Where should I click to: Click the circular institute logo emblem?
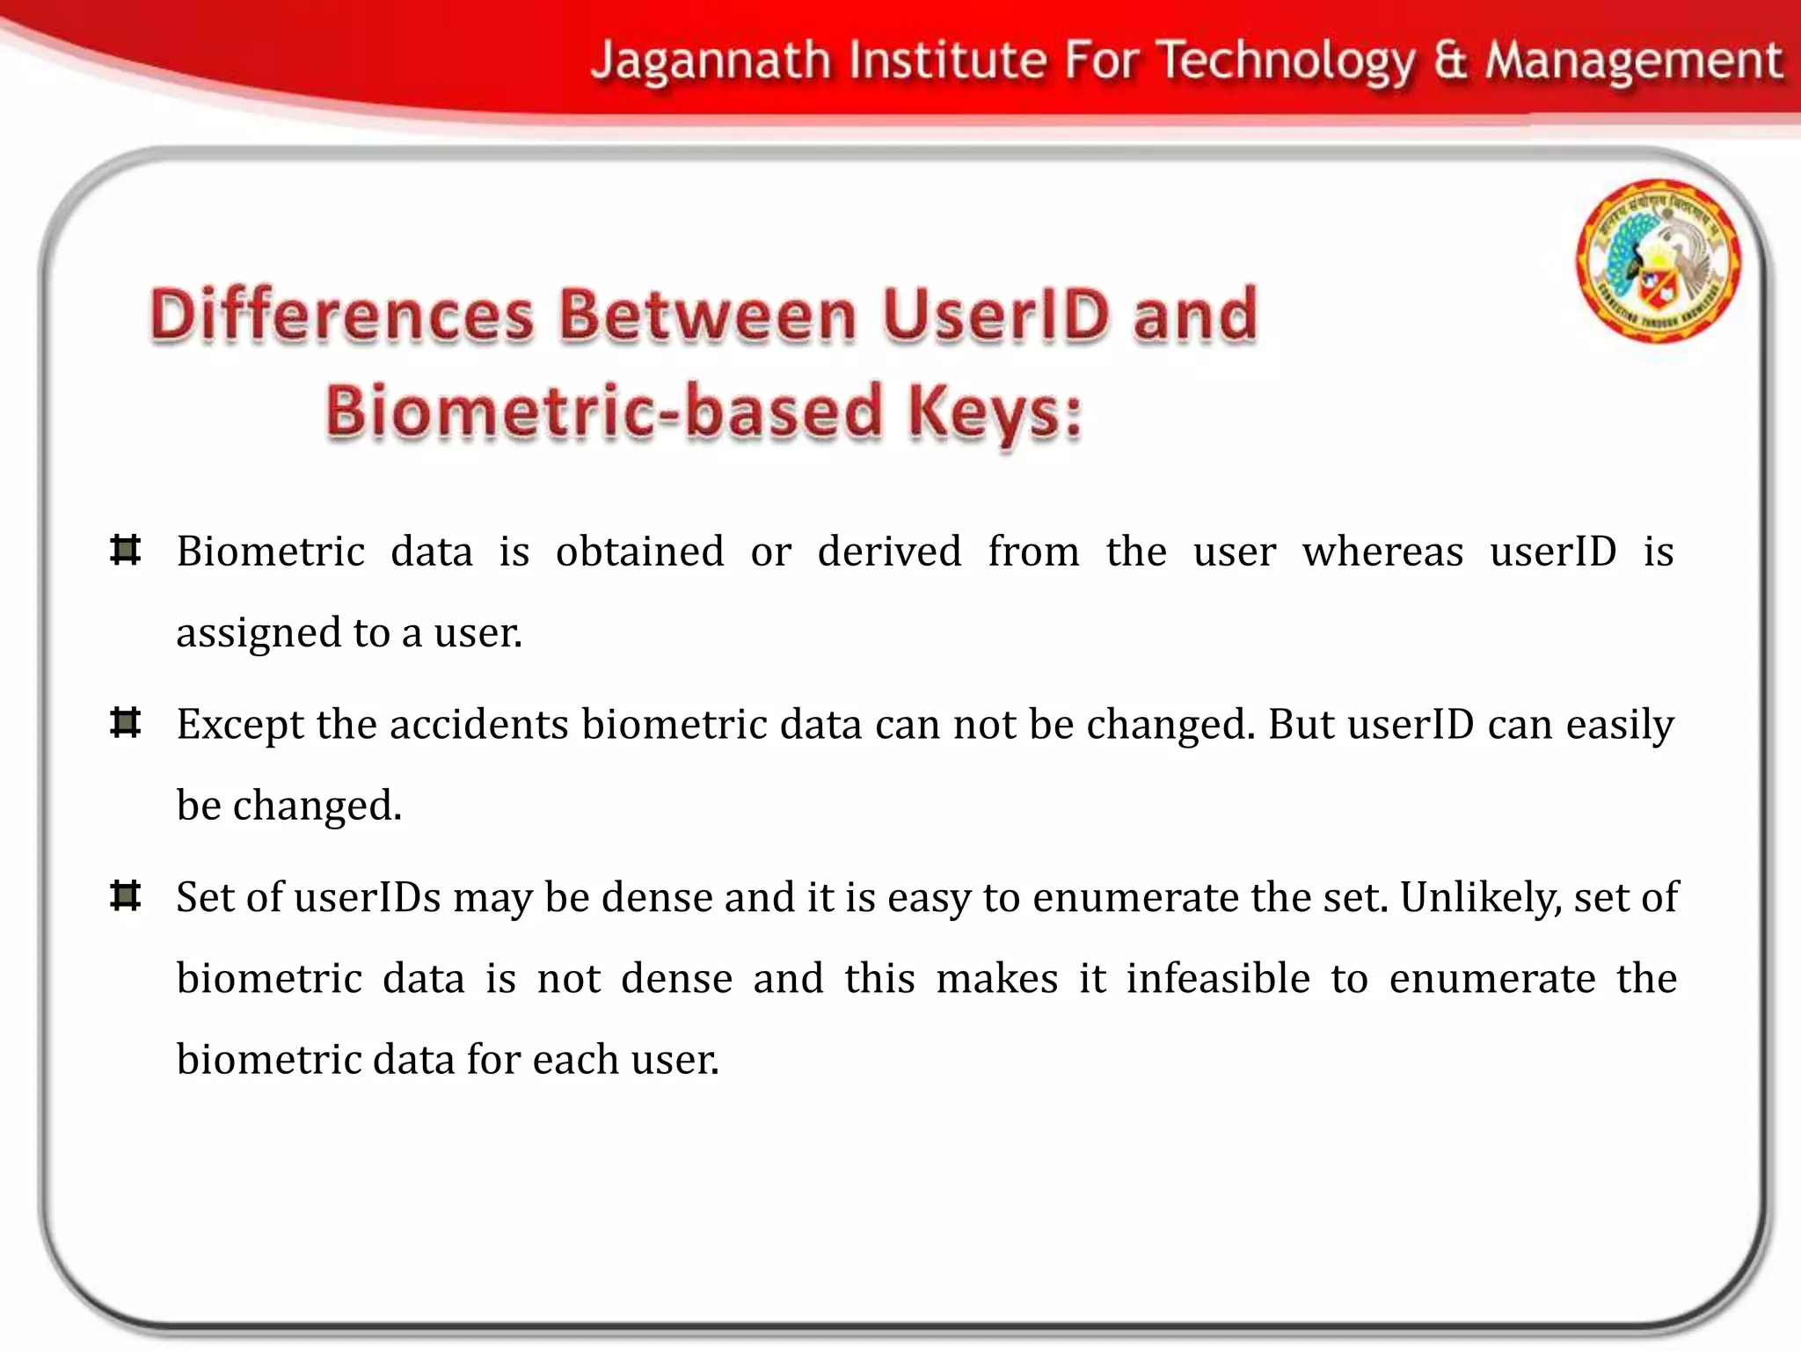1658,261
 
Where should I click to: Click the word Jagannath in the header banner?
711,62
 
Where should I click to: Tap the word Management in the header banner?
1633,62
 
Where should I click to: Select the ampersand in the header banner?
1450,62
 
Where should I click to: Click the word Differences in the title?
341,314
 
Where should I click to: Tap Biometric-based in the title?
603,412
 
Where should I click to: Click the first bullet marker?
126,551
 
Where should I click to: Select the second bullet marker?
126,724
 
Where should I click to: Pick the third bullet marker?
126,896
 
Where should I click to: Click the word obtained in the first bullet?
639,552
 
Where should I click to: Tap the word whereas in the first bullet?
1382,552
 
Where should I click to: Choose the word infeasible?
1218,978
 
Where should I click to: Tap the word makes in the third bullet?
996,978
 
